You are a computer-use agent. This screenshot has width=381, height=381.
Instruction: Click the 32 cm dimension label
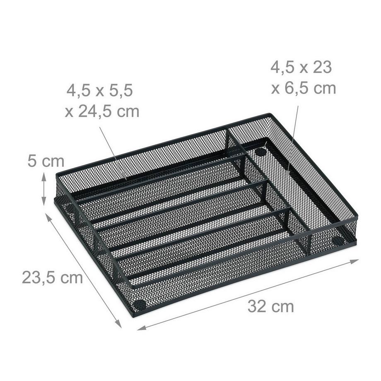click(x=271, y=307)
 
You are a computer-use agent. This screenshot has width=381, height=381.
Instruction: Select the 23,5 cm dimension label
click(x=52, y=277)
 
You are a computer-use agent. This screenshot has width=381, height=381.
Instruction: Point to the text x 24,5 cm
click(x=102, y=111)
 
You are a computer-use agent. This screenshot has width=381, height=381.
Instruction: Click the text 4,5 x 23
click(x=301, y=67)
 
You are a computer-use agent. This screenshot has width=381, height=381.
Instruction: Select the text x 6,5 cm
click(x=303, y=88)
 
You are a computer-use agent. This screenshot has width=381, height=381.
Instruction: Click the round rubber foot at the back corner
click(x=260, y=152)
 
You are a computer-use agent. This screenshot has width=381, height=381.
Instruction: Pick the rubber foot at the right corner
click(x=338, y=240)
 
